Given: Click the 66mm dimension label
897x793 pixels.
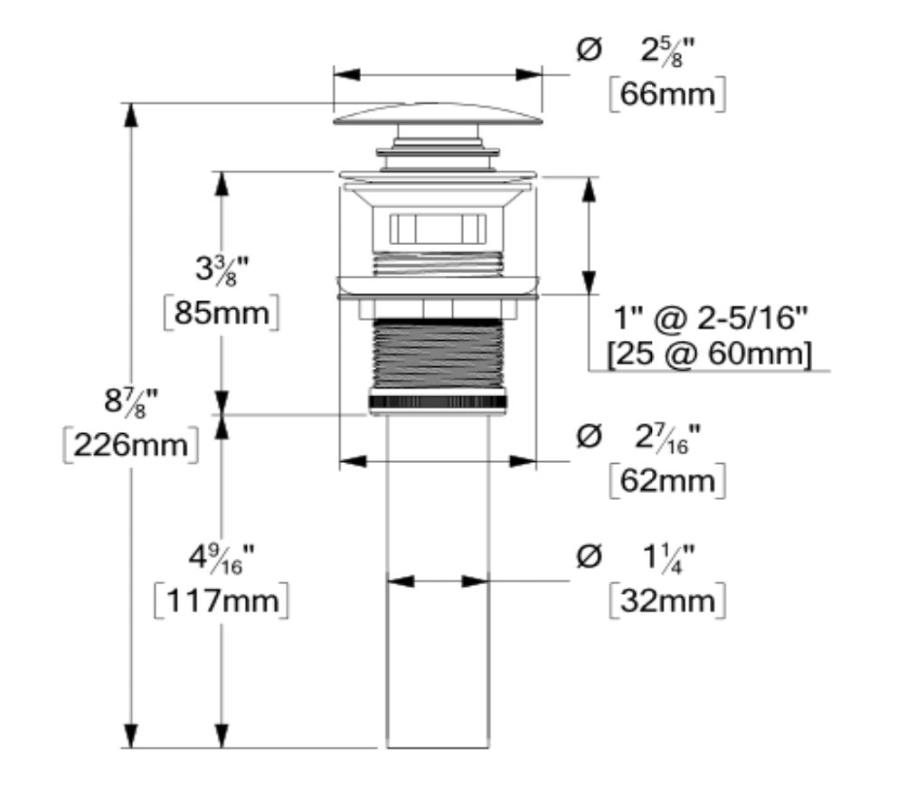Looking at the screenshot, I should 666,95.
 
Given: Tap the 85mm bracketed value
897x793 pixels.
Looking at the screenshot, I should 221,314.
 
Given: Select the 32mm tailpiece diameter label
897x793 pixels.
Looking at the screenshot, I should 666,600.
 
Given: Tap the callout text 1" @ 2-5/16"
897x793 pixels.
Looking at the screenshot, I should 709,318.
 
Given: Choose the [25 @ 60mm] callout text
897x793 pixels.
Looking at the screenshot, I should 709,354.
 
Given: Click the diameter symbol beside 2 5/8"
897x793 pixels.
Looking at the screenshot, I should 588,51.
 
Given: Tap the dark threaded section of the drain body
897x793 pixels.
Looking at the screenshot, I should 438,356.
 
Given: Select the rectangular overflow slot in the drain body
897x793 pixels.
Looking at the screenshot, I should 438,227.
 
